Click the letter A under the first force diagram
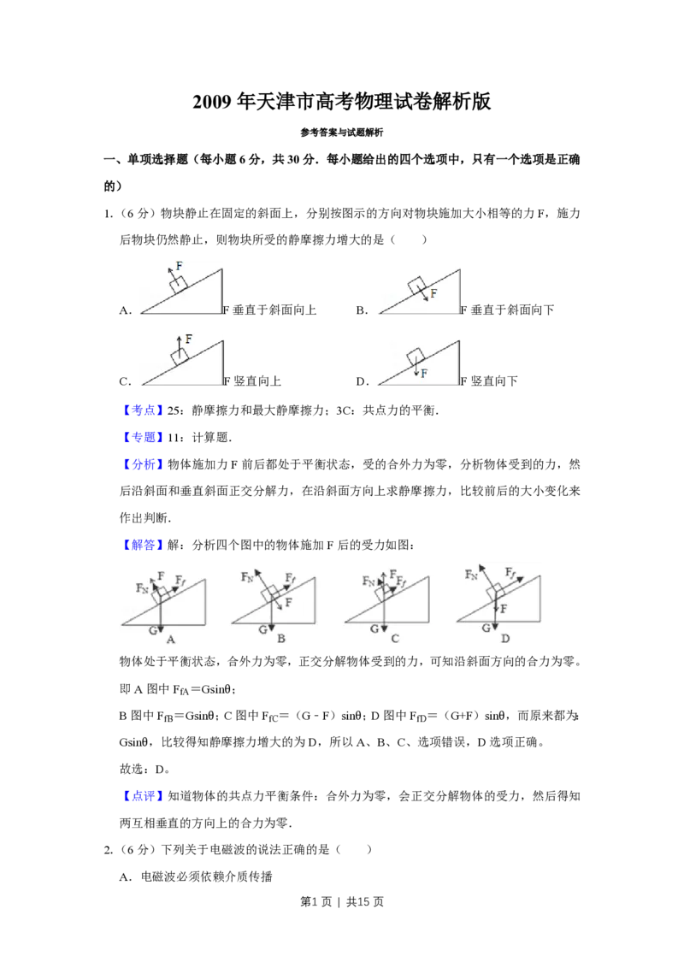click(x=171, y=639)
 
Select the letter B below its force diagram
click(x=280, y=639)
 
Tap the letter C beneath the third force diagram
click(x=394, y=639)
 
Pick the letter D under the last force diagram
click(x=504, y=639)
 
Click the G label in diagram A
click(x=153, y=630)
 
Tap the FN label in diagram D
click(x=471, y=575)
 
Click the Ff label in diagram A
click(x=180, y=581)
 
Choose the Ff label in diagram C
click(x=402, y=585)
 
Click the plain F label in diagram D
click(x=504, y=608)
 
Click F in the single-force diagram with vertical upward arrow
click(x=188, y=339)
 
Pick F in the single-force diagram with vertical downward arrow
click(x=424, y=373)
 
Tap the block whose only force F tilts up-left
click(x=178, y=286)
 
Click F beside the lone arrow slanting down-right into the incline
click(x=433, y=293)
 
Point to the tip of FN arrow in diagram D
click(x=480, y=565)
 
